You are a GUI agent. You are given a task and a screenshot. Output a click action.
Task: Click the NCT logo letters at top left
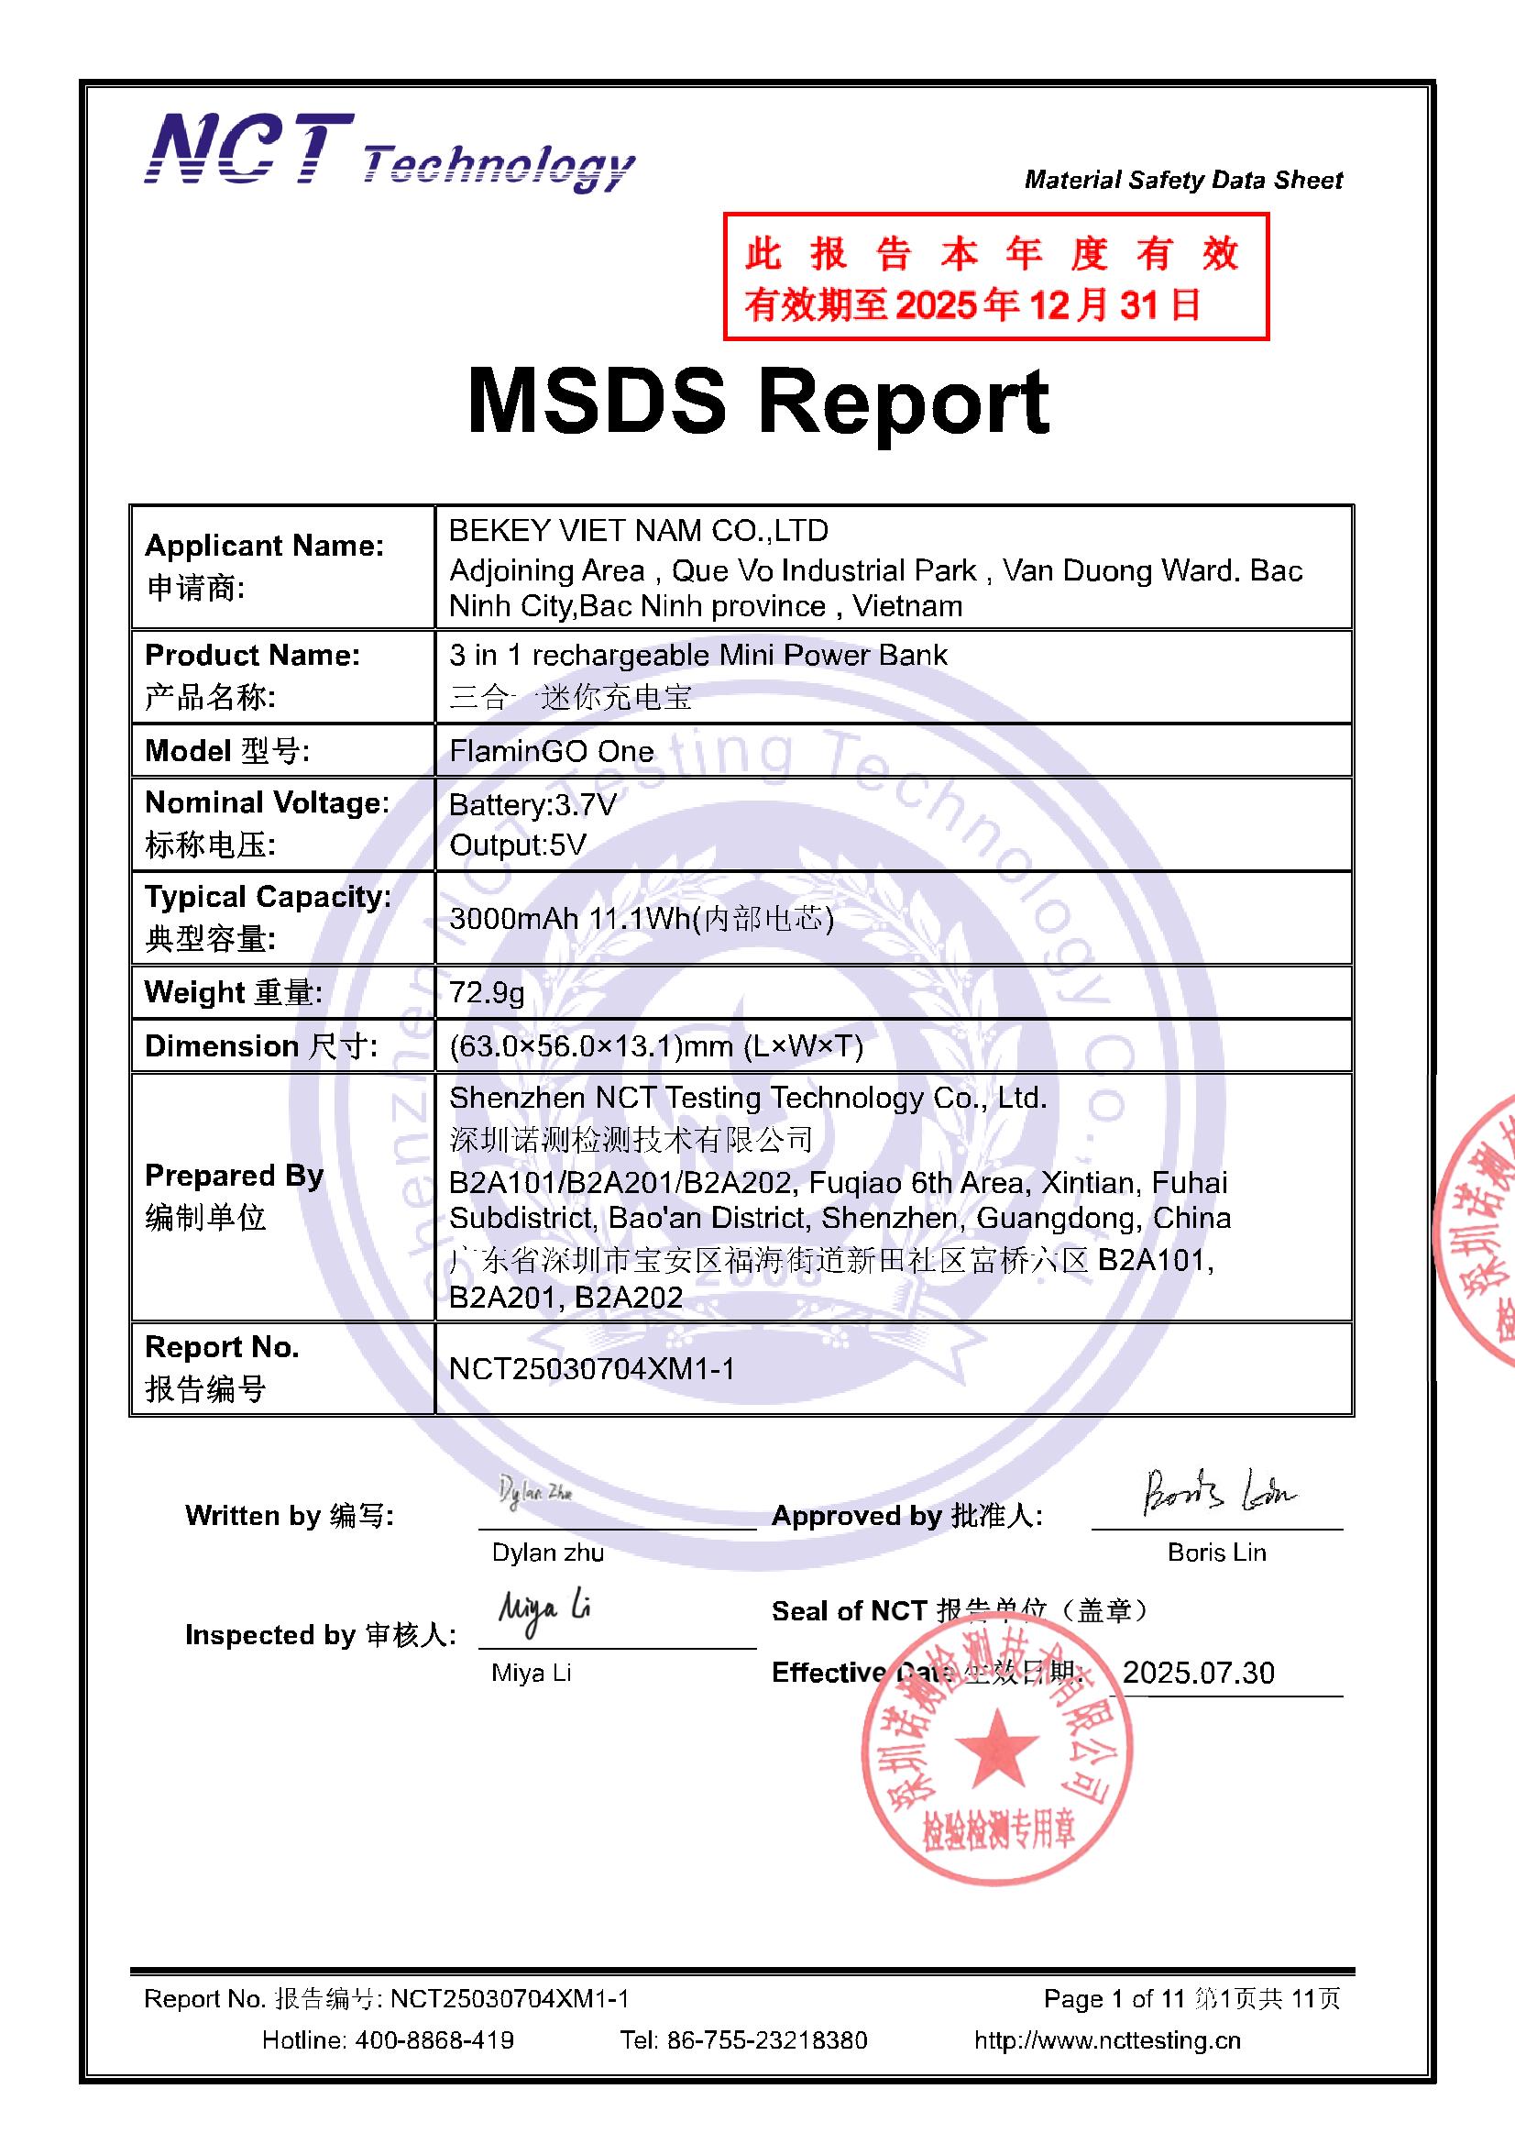coord(250,149)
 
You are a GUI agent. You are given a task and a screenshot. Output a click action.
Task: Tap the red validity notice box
coord(995,277)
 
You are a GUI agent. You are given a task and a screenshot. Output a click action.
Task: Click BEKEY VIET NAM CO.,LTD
coord(639,531)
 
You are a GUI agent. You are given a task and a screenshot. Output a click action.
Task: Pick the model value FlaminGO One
coord(551,751)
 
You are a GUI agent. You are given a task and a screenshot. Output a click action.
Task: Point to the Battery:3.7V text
coord(532,805)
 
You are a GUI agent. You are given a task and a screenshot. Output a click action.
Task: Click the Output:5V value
coord(517,845)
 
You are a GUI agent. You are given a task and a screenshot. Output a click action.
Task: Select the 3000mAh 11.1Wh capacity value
coord(641,919)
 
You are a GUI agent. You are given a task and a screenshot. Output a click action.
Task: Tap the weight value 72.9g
coord(487,991)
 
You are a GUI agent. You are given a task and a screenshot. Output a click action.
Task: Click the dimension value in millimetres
coord(655,1047)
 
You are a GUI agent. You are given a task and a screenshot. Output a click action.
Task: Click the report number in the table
coord(591,1369)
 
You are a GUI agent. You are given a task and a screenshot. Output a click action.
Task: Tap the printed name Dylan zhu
coord(547,1553)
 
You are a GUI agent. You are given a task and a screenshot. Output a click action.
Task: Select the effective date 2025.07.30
coord(1198,1673)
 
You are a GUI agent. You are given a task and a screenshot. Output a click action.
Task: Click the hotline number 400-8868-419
coord(434,2040)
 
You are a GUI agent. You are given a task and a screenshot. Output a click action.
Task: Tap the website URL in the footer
coord(1107,2040)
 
